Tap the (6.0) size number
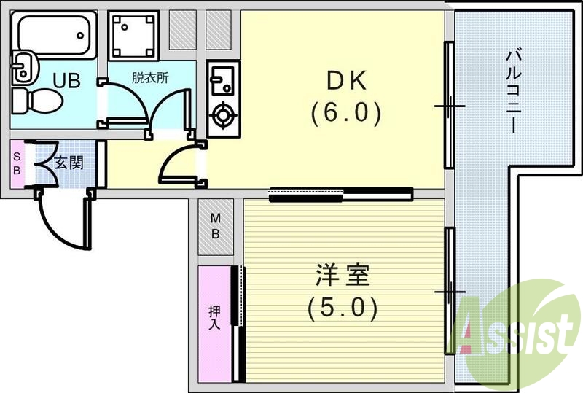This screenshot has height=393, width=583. click(x=345, y=112)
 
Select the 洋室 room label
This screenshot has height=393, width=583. click(x=343, y=276)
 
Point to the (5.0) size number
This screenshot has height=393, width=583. click(x=343, y=308)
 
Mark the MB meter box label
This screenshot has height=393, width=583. click(x=216, y=225)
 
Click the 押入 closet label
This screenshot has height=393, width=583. click(x=214, y=318)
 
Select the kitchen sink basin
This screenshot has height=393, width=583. click(x=222, y=77)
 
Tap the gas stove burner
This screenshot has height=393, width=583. click(x=222, y=115)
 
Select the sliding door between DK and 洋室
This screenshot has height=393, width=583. click(x=341, y=194)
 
